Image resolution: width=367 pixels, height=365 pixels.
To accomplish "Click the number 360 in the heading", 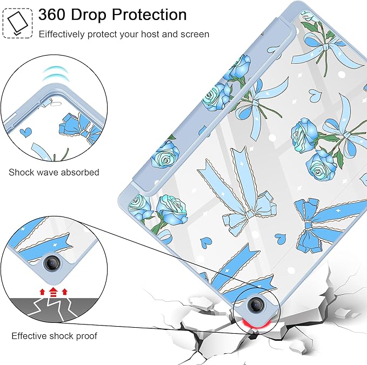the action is (52, 15).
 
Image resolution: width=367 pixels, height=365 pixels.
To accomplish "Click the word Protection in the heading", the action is (149, 15).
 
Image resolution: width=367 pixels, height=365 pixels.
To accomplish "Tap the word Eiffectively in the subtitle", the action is (62, 35).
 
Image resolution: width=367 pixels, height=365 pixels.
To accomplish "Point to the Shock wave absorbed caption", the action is (54, 172).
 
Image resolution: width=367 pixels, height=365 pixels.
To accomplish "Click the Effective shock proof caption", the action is (54, 336).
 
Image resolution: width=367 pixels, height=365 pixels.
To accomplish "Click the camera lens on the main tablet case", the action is (255, 305).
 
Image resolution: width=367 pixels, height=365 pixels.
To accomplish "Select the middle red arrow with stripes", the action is (54, 292).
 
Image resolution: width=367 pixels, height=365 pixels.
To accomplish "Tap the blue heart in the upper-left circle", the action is (25, 132).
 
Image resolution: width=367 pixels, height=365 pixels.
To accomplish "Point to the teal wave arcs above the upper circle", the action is (56, 74).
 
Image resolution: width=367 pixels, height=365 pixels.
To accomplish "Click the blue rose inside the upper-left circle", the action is (70, 124).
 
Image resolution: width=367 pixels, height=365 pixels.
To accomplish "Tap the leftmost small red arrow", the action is (42, 292).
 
